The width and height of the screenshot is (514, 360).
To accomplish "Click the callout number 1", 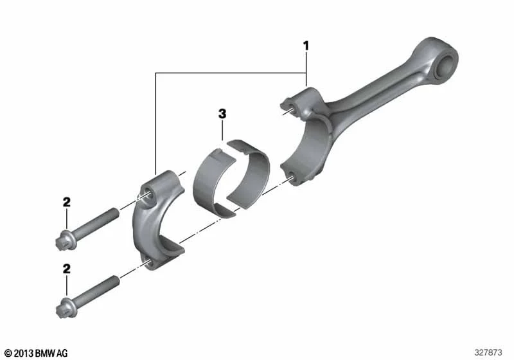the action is click(306, 46).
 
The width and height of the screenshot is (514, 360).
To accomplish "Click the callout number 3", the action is click(222, 114).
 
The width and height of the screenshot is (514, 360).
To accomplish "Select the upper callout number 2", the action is click(67, 202).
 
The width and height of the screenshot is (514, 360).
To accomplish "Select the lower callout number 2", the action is click(67, 269).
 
